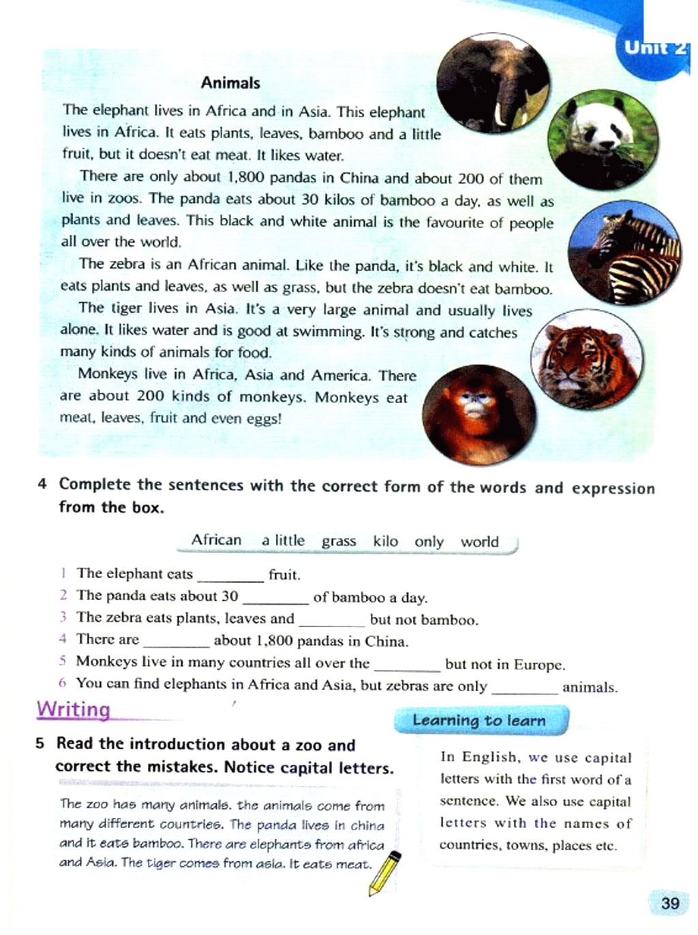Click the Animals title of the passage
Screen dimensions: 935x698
point(230,83)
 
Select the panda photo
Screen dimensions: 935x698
point(603,139)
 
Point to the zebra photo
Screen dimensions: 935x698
point(624,253)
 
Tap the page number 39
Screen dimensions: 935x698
point(669,903)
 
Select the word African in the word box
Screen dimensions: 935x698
point(216,540)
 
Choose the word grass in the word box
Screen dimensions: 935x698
point(339,541)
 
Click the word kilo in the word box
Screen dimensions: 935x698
point(385,541)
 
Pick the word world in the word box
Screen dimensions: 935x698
point(480,542)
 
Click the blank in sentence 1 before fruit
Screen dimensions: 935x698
point(230,576)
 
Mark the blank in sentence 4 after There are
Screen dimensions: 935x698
point(177,641)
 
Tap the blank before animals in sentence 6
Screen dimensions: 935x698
point(524,688)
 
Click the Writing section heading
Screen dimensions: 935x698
point(74,710)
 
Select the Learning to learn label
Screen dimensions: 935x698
point(479,720)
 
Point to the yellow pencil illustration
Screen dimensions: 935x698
point(384,874)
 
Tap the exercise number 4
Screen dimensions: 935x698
point(42,484)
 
